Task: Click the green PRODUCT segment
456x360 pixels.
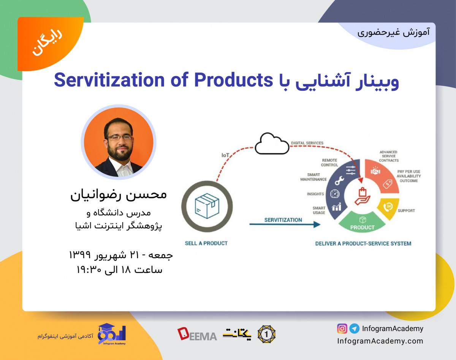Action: pyautogui.click(x=362, y=224)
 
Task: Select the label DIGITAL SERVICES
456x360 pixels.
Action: pyautogui.click(x=307, y=143)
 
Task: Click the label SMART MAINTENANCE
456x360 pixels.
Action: pyautogui.click(x=313, y=177)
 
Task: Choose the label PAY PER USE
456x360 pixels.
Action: pyautogui.click(x=408, y=172)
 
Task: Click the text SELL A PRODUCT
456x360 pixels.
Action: pyautogui.click(x=206, y=243)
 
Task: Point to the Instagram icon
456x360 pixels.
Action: pyautogui.click(x=342, y=328)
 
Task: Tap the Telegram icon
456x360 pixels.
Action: pyautogui.click(x=354, y=328)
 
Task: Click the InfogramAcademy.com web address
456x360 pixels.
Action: pyautogui.click(x=380, y=341)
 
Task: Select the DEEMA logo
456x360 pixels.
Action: pyautogui.click(x=197, y=334)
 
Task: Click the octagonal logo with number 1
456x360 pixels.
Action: pyautogui.click(x=266, y=334)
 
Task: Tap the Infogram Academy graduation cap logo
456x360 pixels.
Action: pyautogui.click(x=111, y=333)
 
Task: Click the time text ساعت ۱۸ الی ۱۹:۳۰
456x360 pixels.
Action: pyautogui.click(x=120, y=270)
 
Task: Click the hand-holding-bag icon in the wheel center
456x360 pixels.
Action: pyautogui.click(x=362, y=196)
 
